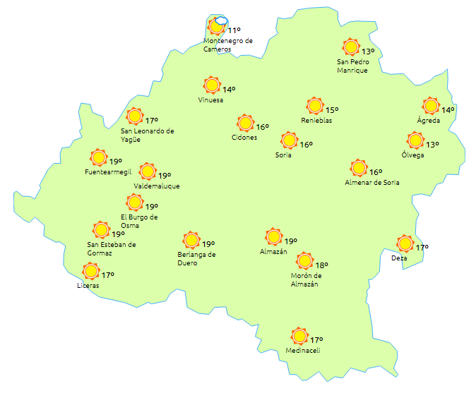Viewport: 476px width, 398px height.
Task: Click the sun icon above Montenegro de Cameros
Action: point(217,28)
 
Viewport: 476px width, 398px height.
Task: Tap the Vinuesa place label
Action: point(210,100)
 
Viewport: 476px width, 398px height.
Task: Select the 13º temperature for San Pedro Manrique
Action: point(368,52)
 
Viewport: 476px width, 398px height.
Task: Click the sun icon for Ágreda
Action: point(430,106)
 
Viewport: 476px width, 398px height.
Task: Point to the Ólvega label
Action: point(412,155)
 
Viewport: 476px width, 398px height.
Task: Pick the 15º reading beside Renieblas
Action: point(332,110)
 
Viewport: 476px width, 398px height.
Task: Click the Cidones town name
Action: point(244,138)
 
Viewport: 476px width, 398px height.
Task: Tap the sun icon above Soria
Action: point(288,140)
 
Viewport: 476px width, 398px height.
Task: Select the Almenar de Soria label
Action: point(371,183)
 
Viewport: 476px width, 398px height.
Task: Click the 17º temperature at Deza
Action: point(422,248)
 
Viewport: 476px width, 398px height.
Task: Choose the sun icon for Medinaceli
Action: point(300,336)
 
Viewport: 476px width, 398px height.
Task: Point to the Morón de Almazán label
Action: point(305,280)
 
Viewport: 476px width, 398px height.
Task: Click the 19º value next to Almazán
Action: point(290,241)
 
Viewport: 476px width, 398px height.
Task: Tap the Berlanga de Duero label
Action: point(196,259)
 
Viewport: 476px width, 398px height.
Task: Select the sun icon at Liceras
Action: point(90,271)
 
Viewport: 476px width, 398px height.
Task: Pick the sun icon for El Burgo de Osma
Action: point(134,203)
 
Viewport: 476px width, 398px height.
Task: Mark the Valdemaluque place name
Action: point(156,186)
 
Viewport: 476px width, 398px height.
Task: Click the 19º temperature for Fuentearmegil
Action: point(116,162)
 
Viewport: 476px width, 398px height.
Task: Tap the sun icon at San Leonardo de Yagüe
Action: point(134,116)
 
